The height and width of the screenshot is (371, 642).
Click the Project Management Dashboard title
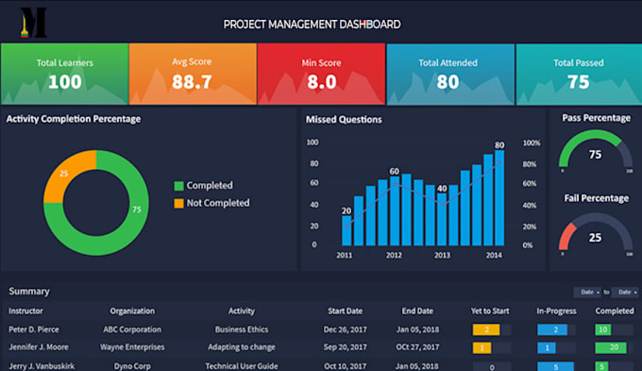(x=311, y=24)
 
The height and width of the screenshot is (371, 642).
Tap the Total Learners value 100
(x=64, y=82)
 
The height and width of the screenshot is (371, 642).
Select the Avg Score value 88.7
(x=192, y=82)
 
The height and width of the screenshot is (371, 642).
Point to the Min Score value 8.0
(x=321, y=82)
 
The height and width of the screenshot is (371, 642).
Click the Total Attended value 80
(x=448, y=82)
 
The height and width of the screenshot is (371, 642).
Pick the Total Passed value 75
(x=578, y=82)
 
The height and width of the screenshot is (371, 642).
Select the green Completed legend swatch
(x=178, y=186)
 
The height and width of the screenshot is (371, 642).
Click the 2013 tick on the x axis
(x=442, y=256)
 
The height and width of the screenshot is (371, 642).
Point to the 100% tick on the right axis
(x=531, y=143)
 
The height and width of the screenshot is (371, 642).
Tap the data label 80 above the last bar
(x=499, y=145)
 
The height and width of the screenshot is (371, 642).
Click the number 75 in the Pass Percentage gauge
(x=595, y=155)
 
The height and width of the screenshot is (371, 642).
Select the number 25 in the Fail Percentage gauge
(x=595, y=237)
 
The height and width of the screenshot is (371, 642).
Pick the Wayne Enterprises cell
(x=132, y=347)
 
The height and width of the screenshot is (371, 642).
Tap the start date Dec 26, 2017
(x=346, y=329)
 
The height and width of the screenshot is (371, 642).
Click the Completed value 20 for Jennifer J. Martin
(x=613, y=347)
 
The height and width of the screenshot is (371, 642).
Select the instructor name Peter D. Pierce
(x=34, y=329)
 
